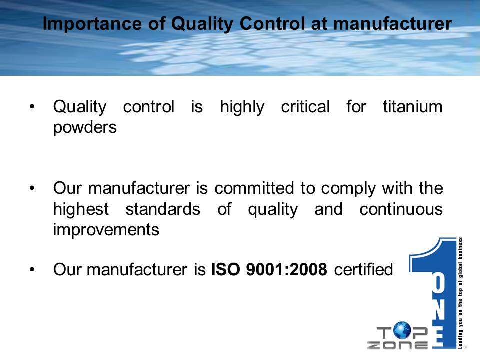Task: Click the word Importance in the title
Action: (x=93, y=24)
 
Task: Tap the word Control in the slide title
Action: (x=272, y=23)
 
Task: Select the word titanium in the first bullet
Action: (x=412, y=107)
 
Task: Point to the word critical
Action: (x=305, y=107)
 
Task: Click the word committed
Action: (x=254, y=188)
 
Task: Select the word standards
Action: (x=163, y=209)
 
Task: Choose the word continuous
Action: (x=401, y=209)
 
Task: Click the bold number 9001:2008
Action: (x=287, y=269)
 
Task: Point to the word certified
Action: (x=363, y=269)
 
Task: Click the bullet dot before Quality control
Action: (x=32, y=107)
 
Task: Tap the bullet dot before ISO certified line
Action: (x=32, y=270)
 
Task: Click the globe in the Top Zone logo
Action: (x=402, y=330)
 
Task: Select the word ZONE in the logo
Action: (x=397, y=345)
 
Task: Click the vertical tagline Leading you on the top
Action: (x=460, y=293)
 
